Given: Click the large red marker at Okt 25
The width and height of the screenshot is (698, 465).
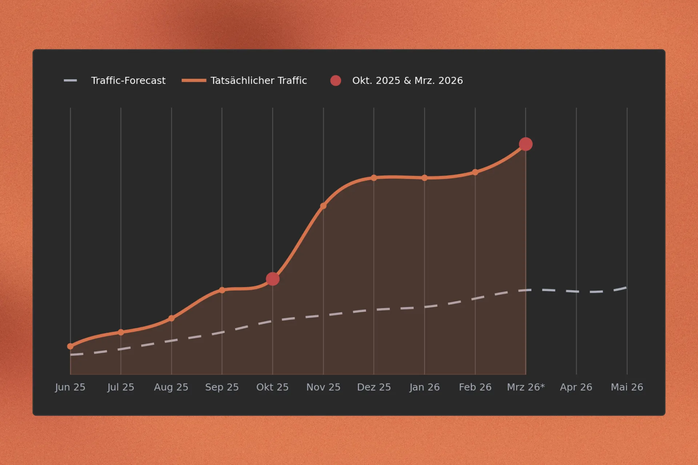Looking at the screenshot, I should [273, 279].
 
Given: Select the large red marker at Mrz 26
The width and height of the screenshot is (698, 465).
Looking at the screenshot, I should [526, 144].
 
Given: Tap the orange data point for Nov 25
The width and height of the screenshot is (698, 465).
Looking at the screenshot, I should [323, 206].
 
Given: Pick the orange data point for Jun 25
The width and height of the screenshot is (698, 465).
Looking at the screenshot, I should [70, 346].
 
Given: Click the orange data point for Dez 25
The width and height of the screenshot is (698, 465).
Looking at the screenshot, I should [374, 178].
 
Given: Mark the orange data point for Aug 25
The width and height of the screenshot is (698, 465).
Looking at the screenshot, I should [172, 318].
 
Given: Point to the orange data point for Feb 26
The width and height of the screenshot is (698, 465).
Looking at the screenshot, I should [475, 172].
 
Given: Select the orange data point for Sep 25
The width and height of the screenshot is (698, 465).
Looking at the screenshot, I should [222, 290].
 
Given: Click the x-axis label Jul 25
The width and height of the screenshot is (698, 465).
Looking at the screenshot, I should [121, 387].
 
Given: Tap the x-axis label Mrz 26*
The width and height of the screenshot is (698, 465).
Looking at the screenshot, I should [526, 387].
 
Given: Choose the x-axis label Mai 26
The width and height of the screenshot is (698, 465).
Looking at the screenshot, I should [627, 387].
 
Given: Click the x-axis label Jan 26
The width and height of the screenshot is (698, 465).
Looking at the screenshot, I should [424, 387].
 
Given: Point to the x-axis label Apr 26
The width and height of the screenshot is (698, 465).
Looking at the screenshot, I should [576, 387].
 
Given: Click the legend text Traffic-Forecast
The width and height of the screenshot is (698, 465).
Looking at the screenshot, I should [128, 81].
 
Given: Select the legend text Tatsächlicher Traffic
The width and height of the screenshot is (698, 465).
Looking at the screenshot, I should [258, 81].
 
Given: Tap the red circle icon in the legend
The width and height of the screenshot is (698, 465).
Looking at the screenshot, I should [336, 81].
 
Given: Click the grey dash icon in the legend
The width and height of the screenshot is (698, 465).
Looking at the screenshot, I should [71, 81].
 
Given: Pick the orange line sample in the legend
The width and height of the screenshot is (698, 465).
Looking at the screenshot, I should [194, 81].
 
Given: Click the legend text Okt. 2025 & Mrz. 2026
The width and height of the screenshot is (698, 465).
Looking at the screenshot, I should [407, 81].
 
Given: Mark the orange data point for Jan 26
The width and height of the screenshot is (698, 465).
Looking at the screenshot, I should [424, 178].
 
